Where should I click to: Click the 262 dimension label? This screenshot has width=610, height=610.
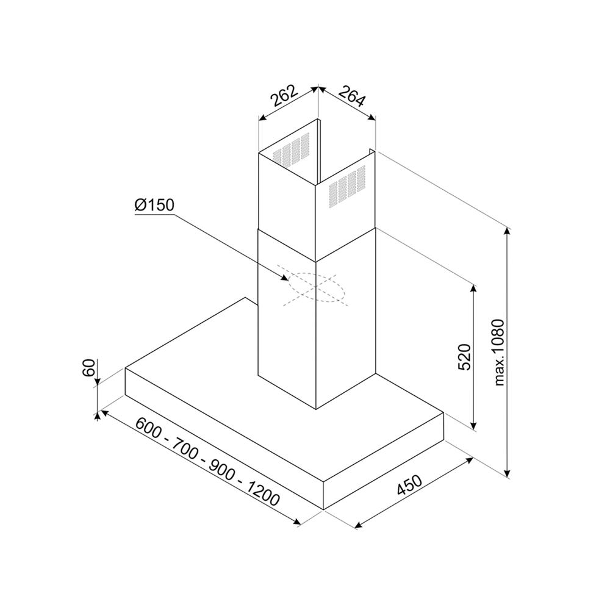(285, 95)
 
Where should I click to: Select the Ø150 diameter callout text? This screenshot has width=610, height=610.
(154, 205)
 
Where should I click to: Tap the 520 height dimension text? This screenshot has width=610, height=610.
(464, 356)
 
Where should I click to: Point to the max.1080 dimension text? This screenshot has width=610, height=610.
(499, 353)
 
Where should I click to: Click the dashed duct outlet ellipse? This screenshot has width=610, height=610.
(316, 287)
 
